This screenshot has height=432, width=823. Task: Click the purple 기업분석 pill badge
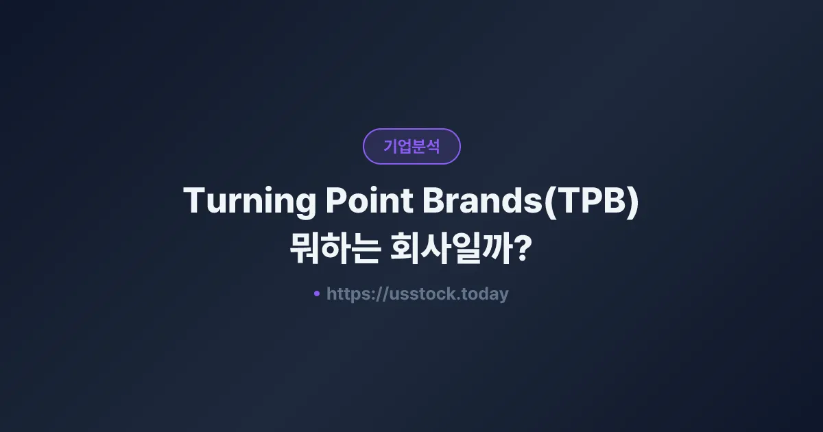[411, 146]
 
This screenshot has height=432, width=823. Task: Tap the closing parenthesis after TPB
[632, 203]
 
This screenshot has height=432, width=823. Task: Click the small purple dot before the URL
[316, 293]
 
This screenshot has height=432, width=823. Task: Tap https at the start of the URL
[347, 294]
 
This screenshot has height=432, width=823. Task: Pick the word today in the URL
[486, 294]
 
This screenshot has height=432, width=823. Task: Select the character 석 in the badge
[433, 146]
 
